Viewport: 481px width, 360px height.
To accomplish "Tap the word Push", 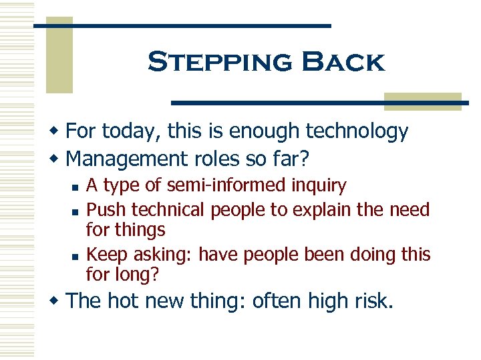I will [106, 210].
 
